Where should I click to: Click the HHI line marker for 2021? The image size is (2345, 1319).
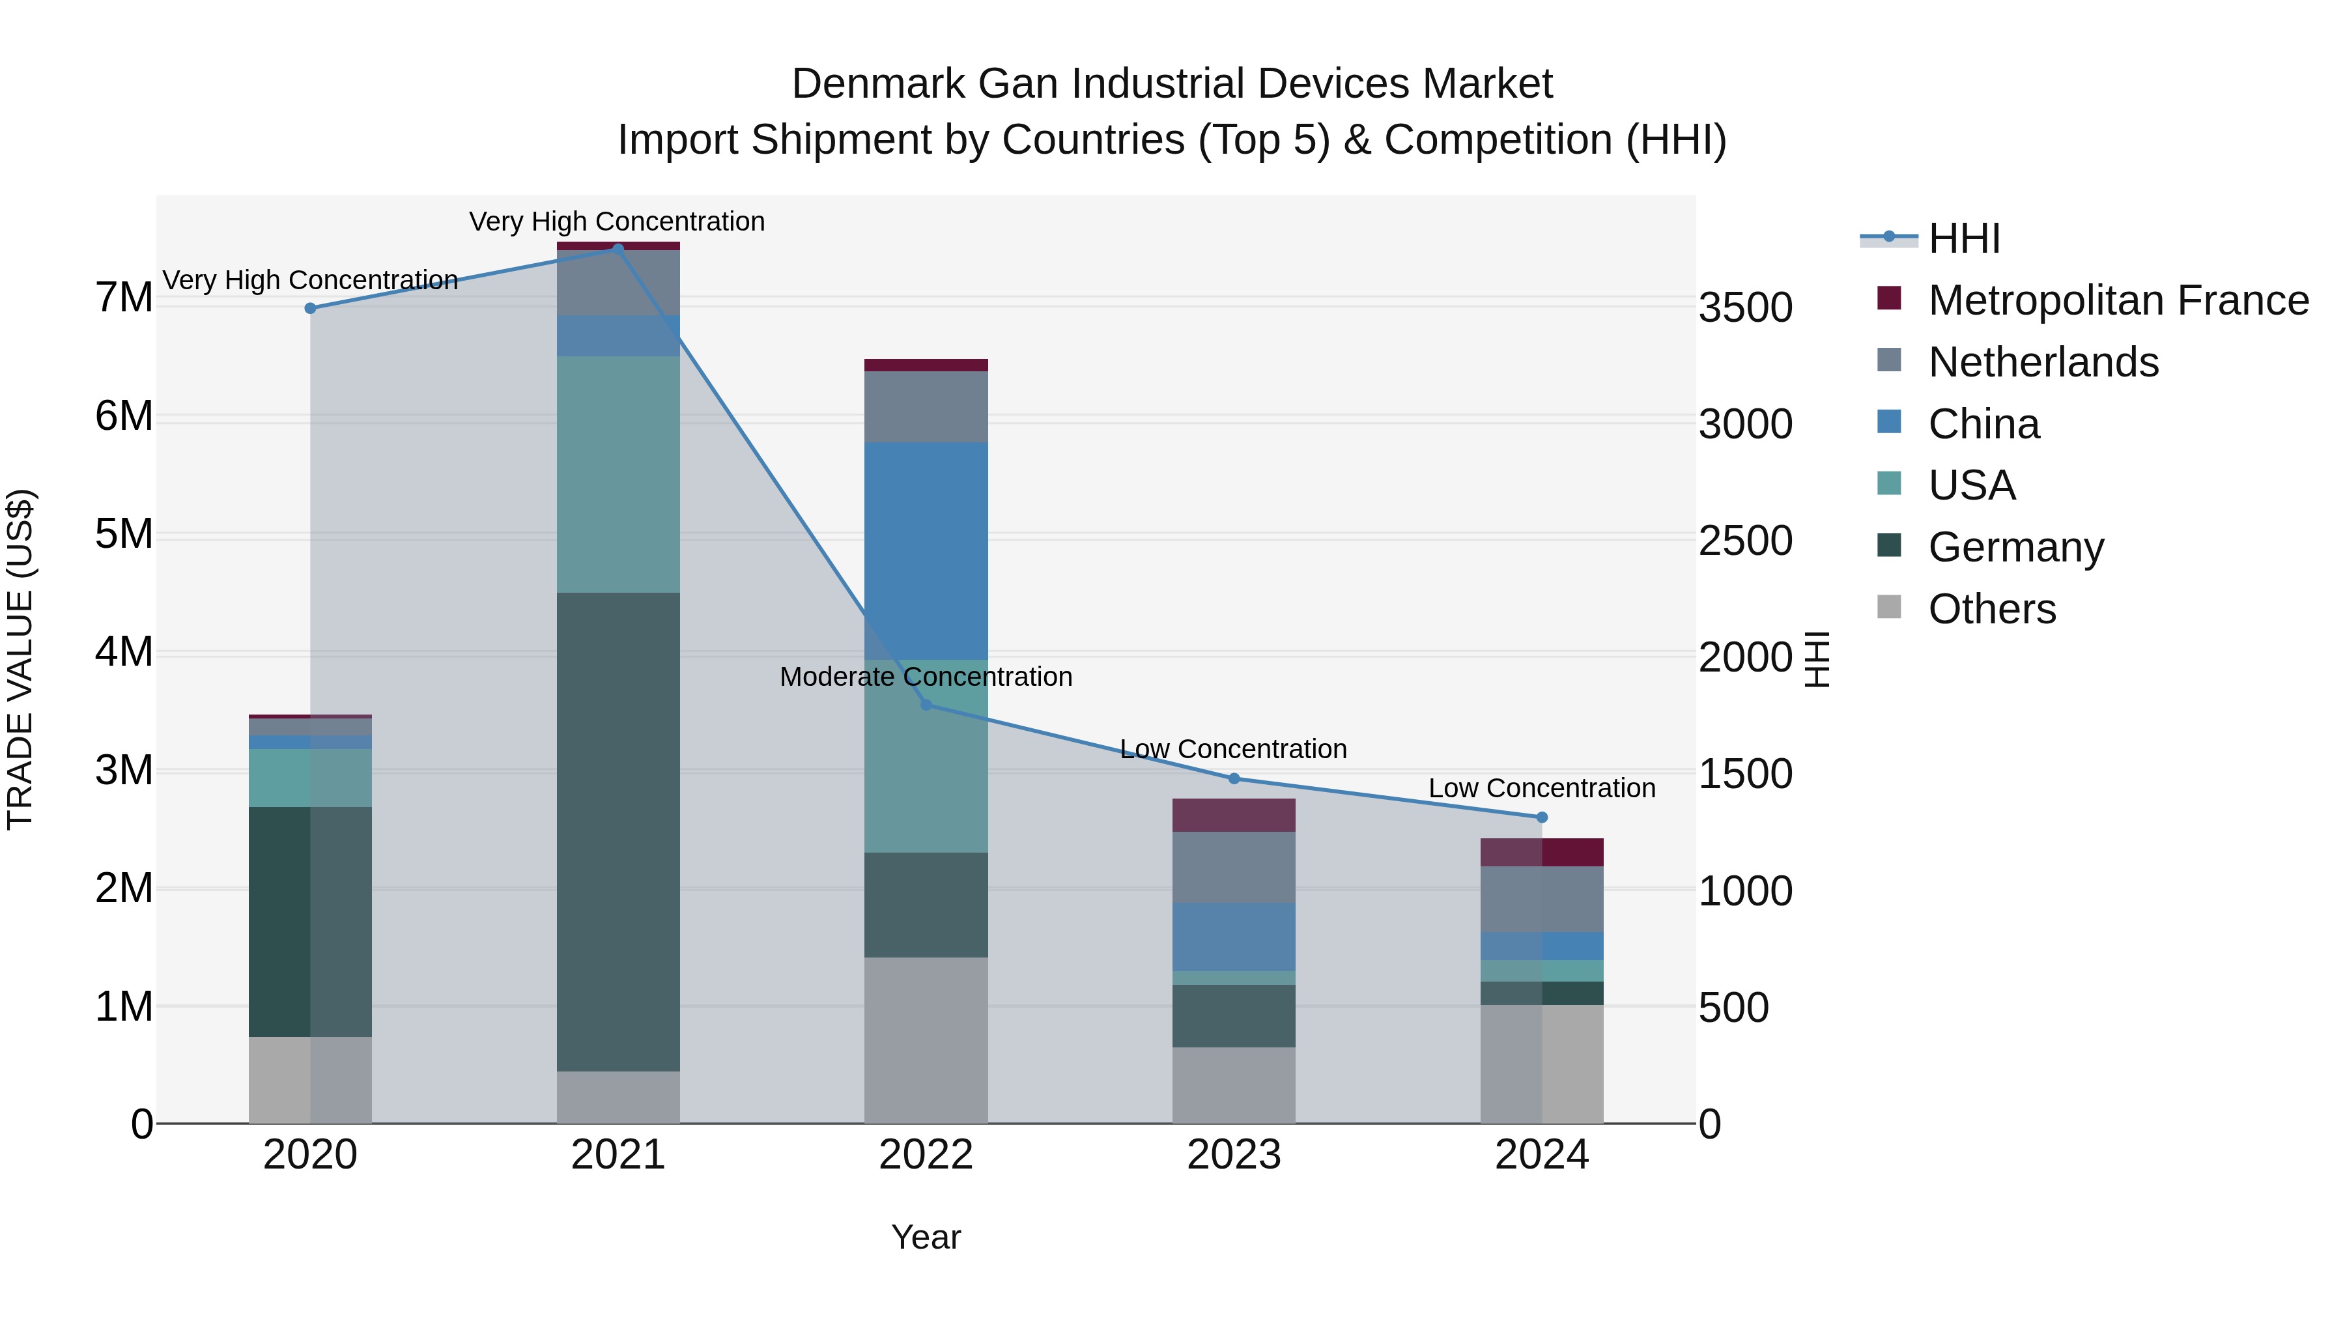click(x=618, y=249)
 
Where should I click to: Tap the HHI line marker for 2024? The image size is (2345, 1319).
click(x=1541, y=817)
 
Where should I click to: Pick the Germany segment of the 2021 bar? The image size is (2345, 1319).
click(x=618, y=831)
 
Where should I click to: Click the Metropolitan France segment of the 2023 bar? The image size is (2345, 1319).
click(x=1234, y=815)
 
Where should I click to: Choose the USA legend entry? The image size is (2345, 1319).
click(x=1972, y=485)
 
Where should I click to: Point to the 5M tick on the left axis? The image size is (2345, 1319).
click(x=124, y=534)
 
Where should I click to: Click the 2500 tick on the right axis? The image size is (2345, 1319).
click(x=1745, y=541)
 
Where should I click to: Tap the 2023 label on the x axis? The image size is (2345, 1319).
click(x=1234, y=1155)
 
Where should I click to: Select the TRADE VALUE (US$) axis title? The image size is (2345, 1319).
click(x=20, y=659)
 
